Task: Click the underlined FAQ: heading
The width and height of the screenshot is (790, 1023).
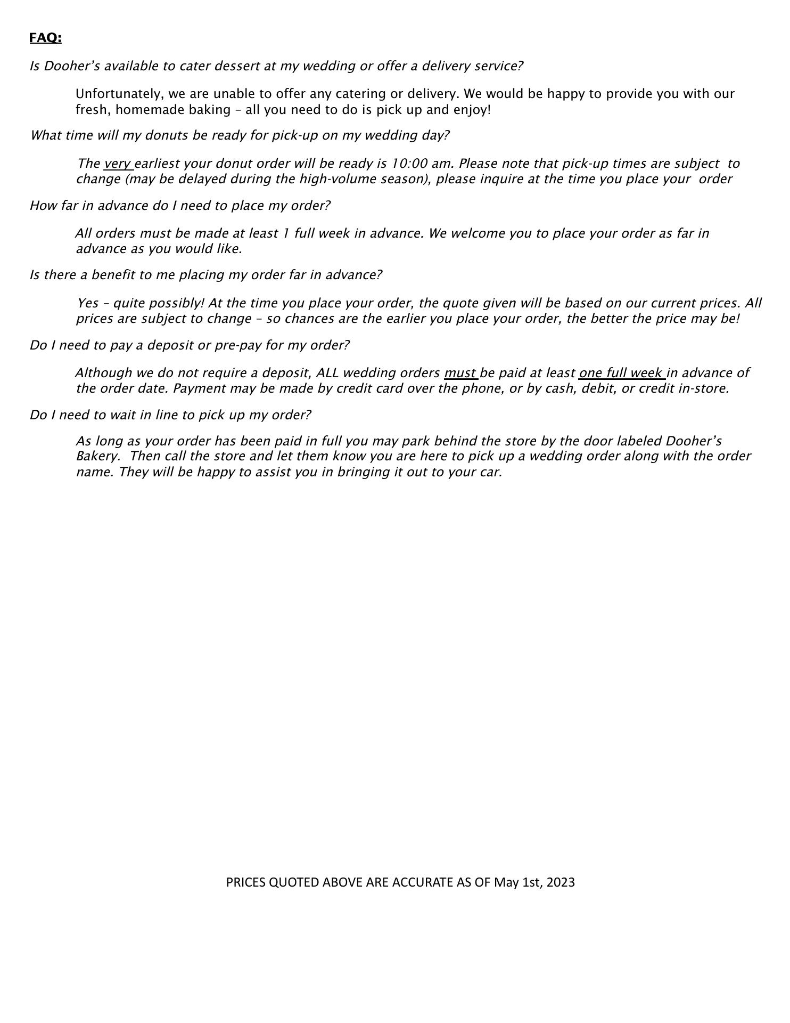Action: (x=45, y=38)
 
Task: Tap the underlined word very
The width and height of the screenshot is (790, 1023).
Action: (x=118, y=164)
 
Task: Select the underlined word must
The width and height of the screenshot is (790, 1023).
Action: (x=460, y=373)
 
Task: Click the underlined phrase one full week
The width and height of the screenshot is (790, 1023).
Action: (x=621, y=373)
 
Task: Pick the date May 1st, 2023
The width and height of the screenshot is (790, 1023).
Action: (x=534, y=883)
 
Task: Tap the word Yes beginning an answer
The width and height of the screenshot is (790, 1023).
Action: (x=88, y=303)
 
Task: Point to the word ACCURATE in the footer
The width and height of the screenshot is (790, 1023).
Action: (x=422, y=883)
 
